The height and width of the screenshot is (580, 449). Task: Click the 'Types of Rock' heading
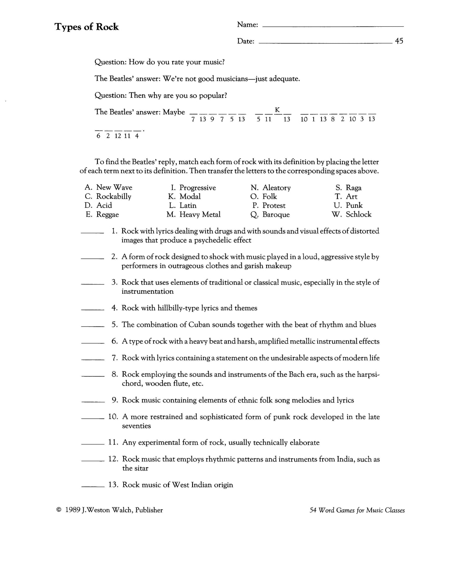click(x=87, y=27)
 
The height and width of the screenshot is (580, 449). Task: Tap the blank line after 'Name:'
click(x=333, y=26)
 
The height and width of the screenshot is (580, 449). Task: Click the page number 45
click(x=399, y=41)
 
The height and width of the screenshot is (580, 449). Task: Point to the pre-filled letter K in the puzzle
click(x=277, y=109)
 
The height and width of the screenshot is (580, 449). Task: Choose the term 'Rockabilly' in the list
click(x=114, y=197)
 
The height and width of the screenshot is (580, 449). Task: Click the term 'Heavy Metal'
click(x=200, y=214)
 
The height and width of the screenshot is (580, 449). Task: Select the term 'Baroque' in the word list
click(x=276, y=215)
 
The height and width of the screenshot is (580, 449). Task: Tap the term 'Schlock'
click(x=359, y=214)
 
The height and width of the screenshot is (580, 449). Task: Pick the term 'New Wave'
click(x=114, y=187)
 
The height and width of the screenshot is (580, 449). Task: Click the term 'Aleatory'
click(x=277, y=188)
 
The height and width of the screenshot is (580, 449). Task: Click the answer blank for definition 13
click(x=93, y=486)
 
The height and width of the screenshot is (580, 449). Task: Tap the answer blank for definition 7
click(x=93, y=359)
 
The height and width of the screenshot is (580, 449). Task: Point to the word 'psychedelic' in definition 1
click(x=213, y=240)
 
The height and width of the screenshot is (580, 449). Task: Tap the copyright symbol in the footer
click(x=58, y=510)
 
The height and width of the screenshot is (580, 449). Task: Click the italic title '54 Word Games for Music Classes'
click(x=357, y=510)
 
